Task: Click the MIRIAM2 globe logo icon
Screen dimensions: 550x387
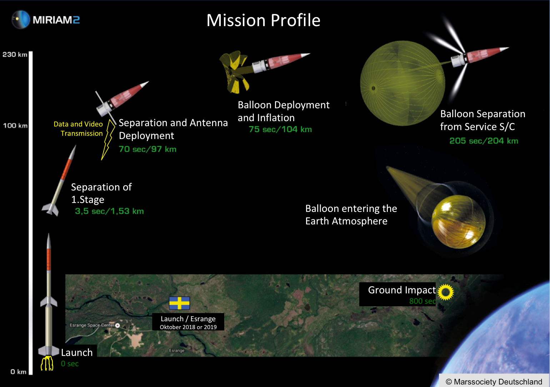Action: (21, 19)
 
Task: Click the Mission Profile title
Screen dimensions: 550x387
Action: (263, 20)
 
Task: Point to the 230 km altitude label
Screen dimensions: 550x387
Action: (15, 55)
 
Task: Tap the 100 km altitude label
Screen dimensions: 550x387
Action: (15, 126)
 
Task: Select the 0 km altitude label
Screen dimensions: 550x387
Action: (19, 372)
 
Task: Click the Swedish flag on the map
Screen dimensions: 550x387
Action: (180, 303)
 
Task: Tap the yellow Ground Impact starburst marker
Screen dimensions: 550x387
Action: (446, 292)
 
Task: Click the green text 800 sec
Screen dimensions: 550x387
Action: (422, 301)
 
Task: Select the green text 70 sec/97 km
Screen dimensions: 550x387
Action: (147, 149)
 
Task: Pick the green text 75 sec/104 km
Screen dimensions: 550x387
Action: (280, 129)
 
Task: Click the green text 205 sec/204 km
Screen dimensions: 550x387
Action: (484, 141)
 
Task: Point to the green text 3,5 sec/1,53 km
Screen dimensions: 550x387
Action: (110, 211)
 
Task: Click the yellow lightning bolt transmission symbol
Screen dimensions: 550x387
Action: (108, 140)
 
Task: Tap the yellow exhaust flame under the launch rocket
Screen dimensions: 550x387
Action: (47, 363)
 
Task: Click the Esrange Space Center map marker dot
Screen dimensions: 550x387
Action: (117, 325)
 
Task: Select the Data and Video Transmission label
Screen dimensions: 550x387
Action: (78, 129)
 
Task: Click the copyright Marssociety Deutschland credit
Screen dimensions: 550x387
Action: (494, 382)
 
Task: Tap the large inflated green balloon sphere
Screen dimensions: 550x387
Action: (403, 83)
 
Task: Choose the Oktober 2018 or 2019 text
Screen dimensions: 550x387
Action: (188, 327)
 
